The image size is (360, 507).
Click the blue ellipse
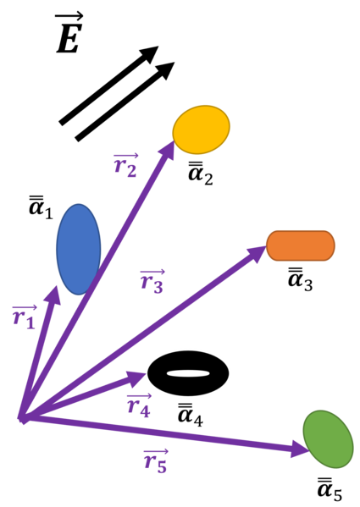(78, 250)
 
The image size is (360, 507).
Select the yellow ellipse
(201, 130)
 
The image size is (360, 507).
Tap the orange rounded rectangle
(301, 245)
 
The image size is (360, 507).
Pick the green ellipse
(328, 438)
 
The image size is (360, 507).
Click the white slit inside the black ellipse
(188, 373)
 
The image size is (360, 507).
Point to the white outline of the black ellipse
(188, 350)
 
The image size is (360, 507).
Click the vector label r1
(24, 317)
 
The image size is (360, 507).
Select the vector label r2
(125, 166)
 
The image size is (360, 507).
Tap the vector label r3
(152, 281)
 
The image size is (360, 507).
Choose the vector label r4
(138, 405)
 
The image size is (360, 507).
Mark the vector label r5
(155, 461)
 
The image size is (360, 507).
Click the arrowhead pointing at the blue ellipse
(54, 294)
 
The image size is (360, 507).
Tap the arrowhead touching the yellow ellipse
(168, 148)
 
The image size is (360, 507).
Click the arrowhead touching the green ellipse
(302, 449)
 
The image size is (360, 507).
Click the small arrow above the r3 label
(152, 271)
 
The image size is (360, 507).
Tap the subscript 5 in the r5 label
(161, 466)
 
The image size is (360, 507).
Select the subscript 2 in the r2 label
(131, 171)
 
